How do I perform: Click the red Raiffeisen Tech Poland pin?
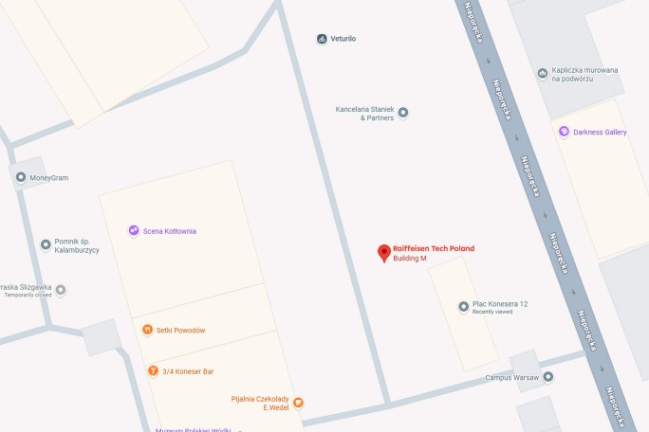tap(383, 252)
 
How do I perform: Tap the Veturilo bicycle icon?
tap(323, 39)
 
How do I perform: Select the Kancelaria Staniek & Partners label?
tap(364, 113)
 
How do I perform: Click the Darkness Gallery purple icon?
tap(565, 132)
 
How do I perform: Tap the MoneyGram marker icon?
tap(21, 177)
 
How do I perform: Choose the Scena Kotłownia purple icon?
tap(134, 230)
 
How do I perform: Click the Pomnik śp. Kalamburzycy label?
tap(77, 245)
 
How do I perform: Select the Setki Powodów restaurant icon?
tap(147, 330)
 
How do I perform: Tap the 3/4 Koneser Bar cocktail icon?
tap(152, 370)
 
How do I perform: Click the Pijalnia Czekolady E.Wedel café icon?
tap(298, 403)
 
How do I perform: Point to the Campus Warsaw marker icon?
tap(547, 377)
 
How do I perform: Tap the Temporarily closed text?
tap(28, 296)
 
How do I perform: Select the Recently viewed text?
tap(492, 312)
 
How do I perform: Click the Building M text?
tap(410, 259)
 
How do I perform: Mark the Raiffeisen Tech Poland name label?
tap(434, 248)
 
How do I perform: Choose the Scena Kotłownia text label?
tap(170, 230)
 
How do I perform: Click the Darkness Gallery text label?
tap(600, 132)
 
